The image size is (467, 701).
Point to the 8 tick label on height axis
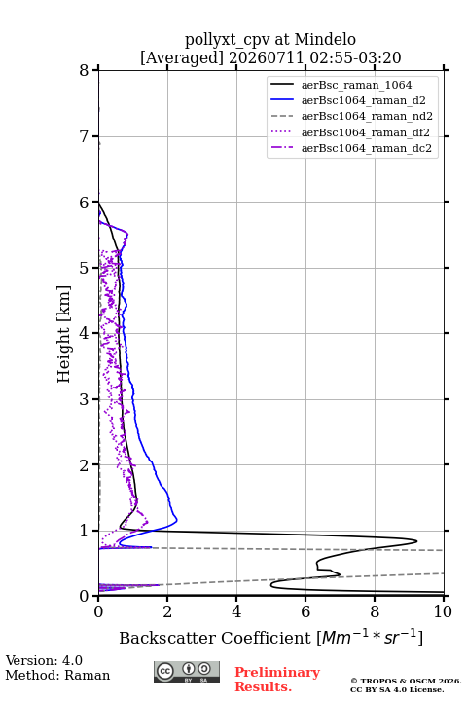pyautogui.click(x=85, y=70)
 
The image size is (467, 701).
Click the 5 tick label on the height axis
pyautogui.click(x=85, y=268)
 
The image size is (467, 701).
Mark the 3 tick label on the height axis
pyautogui.click(x=85, y=399)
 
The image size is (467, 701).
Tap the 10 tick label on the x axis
pyautogui.click(x=443, y=611)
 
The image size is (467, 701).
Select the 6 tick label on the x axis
pyautogui.click(x=305, y=611)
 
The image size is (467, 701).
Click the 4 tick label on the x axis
pyautogui.click(x=236, y=611)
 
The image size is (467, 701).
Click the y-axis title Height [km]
pyautogui.click(x=64, y=334)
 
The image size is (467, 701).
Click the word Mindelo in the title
pyautogui.click(x=325, y=39)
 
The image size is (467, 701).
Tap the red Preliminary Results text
pyautogui.click(x=277, y=680)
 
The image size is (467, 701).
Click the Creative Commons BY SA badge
pyautogui.click(x=187, y=673)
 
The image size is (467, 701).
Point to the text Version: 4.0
pyautogui.click(x=44, y=660)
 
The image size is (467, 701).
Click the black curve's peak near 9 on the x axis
pyautogui.click(x=416, y=541)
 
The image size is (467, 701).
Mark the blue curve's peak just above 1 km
pyautogui.click(x=177, y=520)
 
